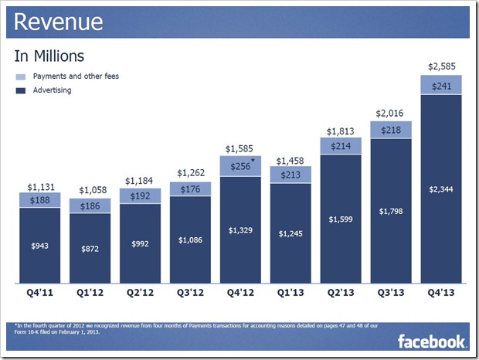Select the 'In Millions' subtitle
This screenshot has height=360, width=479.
[49, 56]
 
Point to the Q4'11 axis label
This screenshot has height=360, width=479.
[40, 294]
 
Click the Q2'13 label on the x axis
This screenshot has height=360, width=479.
[341, 294]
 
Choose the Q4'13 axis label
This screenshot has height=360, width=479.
[440, 294]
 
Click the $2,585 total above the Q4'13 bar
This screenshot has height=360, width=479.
[440, 64]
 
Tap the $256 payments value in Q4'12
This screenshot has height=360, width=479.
[239, 166]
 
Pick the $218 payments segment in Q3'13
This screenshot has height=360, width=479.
[391, 130]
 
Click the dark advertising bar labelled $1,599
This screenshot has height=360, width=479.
[341, 220]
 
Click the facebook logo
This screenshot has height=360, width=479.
[431, 340]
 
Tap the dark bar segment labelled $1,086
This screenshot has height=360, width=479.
[190, 239]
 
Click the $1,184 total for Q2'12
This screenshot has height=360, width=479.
[141, 182]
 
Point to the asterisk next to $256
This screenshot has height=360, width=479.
[253, 161]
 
